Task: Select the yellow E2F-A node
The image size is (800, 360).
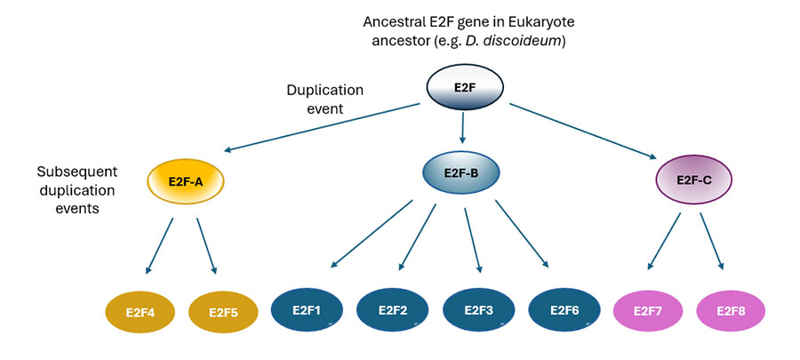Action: click(x=186, y=181)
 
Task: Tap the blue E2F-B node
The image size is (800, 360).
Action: click(x=460, y=173)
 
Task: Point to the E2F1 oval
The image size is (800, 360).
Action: click(x=307, y=310)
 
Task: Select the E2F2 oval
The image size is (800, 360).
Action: click(x=393, y=310)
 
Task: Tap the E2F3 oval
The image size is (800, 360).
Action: click(x=479, y=310)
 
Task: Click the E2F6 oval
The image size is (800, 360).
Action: click(x=564, y=310)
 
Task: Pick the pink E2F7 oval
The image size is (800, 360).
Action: click(x=649, y=311)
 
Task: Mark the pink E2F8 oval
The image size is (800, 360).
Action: click(x=731, y=311)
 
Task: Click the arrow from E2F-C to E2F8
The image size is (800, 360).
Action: click(x=711, y=240)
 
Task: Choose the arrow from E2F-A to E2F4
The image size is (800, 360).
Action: click(x=161, y=244)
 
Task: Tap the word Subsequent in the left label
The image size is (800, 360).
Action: click(x=76, y=171)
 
